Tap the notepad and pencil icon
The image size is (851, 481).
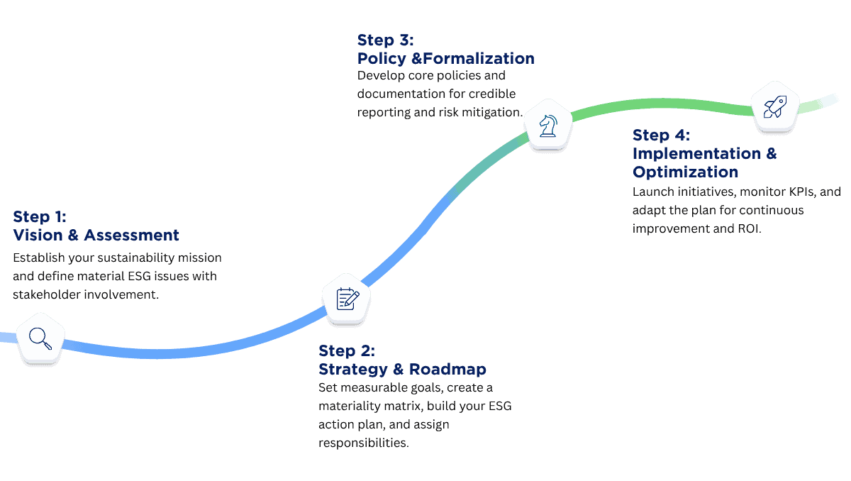pyautogui.click(x=347, y=299)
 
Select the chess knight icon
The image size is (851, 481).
pyautogui.click(x=547, y=126)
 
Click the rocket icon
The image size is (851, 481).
pyautogui.click(x=774, y=108)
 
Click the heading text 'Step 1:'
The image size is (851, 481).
pyautogui.click(x=40, y=216)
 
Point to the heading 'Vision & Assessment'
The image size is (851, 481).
pyautogui.click(x=96, y=235)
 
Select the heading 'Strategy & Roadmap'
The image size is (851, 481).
pyautogui.click(x=403, y=369)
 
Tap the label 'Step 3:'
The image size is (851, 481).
pyautogui.click(x=386, y=40)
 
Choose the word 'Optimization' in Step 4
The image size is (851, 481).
pyautogui.click(x=685, y=172)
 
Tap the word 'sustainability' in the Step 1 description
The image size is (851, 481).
pyautogui.click(x=144, y=257)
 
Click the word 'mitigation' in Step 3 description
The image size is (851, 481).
pyautogui.click(x=491, y=112)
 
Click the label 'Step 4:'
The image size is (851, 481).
pyautogui.click(x=661, y=135)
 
